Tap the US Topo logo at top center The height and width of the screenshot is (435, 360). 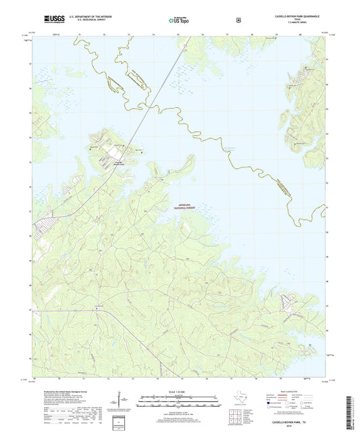click(179, 21)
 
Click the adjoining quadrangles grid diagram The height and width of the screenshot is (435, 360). click(268, 407)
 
